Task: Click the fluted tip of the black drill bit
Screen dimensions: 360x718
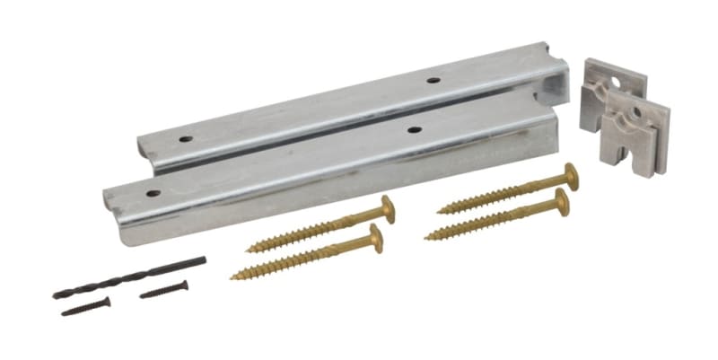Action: [61, 293]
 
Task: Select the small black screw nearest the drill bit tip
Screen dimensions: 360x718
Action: [85, 306]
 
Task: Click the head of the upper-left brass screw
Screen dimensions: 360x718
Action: [388, 209]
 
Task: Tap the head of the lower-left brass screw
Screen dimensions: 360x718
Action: [374, 238]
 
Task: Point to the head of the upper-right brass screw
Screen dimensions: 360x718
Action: [569, 176]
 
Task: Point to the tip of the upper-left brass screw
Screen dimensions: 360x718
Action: [249, 248]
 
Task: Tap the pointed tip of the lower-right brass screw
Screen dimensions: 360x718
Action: [428, 237]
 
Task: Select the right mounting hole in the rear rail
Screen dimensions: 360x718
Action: [433, 81]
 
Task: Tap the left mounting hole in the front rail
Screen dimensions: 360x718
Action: [153, 193]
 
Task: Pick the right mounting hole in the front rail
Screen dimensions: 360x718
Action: [414, 130]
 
